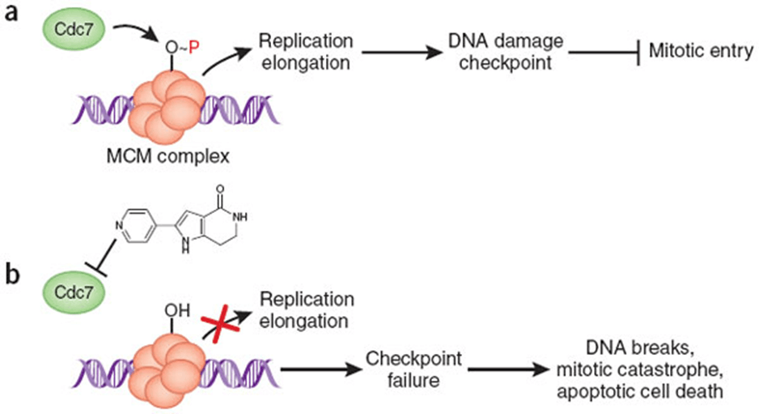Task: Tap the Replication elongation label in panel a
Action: (x=300, y=51)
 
